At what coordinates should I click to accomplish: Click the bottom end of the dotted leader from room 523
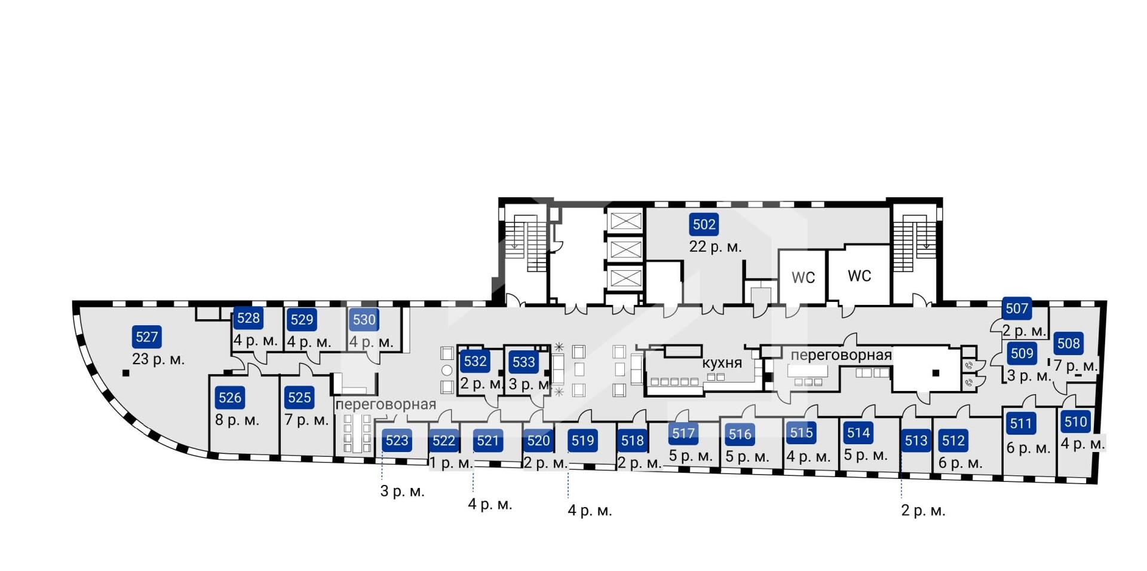pyautogui.click(x=382, y=479)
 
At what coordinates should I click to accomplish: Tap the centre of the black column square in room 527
pyautogui.click(x=125, y=374)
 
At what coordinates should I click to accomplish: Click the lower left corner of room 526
pyautogui.click(x=209, y=453)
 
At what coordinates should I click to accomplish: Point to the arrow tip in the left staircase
pyautogui.click(x=514, y=247)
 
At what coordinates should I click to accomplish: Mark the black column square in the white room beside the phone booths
pyautogui.click(x=936, y=373)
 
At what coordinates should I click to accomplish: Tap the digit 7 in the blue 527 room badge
pyautogui.click(x=155, y=337)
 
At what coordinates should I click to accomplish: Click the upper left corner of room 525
pyautogui.click(x=280, y=375)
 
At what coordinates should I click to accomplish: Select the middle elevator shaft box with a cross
pyautogui.click(x=625, y=249)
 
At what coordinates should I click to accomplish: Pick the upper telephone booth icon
pyautogui.click(x=969, y=365)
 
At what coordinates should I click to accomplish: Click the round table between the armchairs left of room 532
pyautogui.click(x=447, y=370)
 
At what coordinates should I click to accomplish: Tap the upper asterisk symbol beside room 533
pyautogui.click(x=559, y=347)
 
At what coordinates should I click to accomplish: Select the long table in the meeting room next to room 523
pyautogui.click(x=358, y=434)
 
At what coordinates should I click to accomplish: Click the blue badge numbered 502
pyautogui.click(x=704, y=224)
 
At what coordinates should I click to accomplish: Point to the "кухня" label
pyautogui.click(x=722, y=363)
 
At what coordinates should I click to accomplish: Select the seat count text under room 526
pyautogui.click(x=237, y=420)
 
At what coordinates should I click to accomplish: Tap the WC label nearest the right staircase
pyautogui.click(x=859, y=276)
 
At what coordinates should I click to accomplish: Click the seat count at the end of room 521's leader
pyautogui.click(x=490, y=504)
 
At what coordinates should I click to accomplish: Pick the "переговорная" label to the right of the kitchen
pyautogui.click(x=841, y=355)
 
